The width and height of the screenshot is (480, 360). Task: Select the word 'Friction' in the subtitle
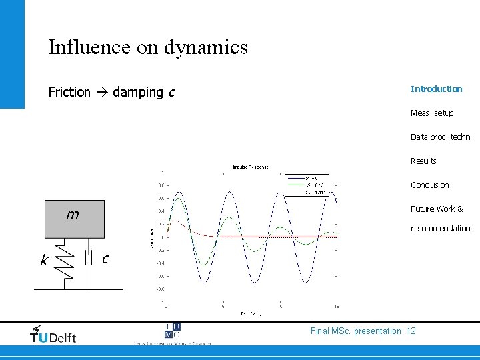[x=69, y=93]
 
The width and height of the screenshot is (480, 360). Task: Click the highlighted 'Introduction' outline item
[x=436, y=89]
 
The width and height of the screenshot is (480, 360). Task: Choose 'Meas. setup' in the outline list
[x=432, y=113]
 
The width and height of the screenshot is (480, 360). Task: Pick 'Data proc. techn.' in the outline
[x=441, y=137]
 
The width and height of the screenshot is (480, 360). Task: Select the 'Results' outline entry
[x=423, y=161]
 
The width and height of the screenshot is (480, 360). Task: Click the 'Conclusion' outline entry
[x=429, y=185]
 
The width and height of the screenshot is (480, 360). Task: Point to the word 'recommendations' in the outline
[x=442, y=229]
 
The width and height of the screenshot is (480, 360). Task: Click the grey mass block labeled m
[x=74, y=219]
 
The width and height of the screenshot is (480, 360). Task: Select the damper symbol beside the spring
[x=89, y=258]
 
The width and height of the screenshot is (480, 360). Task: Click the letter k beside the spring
[x=44, y=261]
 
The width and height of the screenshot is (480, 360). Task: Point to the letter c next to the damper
[x=105, y=258]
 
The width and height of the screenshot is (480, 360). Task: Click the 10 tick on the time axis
[x=280, y=306]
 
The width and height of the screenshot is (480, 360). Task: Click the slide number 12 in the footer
[x=411, y=331]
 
